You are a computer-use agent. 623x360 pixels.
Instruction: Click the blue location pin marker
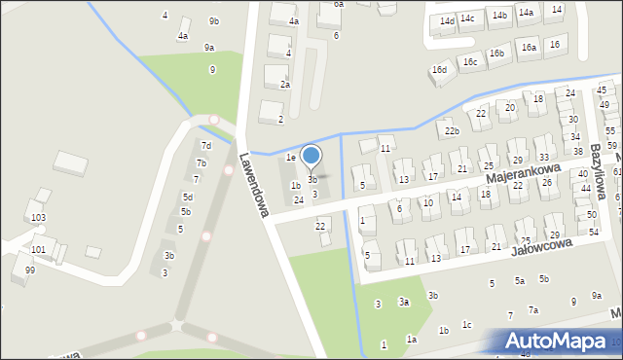pos(311,156)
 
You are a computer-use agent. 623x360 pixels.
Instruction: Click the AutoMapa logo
pos(561,341)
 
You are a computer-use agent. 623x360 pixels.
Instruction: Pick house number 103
pos(38,218)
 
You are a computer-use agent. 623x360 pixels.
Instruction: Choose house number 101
pos(38,249)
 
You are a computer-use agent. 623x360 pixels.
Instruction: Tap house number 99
pos(30,270)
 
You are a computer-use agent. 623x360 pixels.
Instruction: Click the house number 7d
pos(205,145)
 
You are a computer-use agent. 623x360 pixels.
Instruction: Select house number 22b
pos(451,131)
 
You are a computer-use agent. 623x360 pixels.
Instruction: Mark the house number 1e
pos(290,157)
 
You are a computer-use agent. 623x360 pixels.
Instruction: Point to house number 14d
pos(447,20)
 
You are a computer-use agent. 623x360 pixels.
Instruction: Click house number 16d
pos(440,70)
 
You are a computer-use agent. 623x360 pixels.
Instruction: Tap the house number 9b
pos(214,21)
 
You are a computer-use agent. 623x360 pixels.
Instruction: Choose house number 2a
pos(285,85)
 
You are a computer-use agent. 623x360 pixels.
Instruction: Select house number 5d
pos(188,197)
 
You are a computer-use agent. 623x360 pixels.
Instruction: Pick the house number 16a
pos(529,47)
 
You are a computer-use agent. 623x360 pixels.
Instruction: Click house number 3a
pos(404,303)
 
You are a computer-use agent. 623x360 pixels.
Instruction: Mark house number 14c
pos(467,18)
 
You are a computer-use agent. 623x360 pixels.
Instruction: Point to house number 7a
pos(533,309)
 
